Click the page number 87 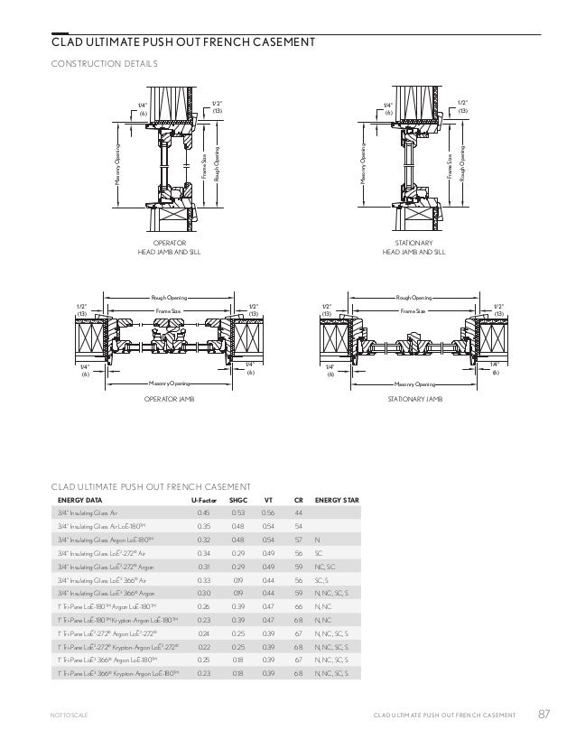(543, 716)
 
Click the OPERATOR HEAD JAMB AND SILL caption (169, 248)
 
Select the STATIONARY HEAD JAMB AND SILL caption (416, 248)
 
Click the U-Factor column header (202, 499)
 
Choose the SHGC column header (238, 499)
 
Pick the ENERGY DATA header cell (80, 499)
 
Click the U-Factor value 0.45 (203, 513)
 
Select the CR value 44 (298, 513)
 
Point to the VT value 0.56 (268, 513)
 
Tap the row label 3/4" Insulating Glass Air (94, 513)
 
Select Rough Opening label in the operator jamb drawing (170, 296)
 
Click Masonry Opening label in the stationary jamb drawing (414, 383)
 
